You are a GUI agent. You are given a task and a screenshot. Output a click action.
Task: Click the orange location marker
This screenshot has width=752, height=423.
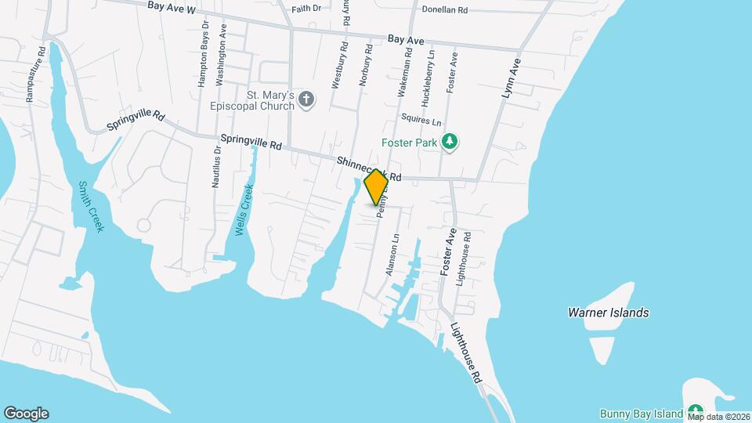tap(376, 186)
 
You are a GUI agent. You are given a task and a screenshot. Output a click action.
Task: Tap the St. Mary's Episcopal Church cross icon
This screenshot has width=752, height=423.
tap(307, 99)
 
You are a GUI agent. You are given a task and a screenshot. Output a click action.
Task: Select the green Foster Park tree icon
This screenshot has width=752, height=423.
tap(450, 142)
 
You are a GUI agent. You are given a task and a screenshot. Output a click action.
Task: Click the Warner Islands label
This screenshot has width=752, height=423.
tap(608, 313)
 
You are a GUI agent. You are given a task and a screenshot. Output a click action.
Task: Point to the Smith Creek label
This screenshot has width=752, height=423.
tap(90, 207)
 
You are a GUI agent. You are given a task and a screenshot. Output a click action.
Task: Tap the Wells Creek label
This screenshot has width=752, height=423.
tap(244, 210)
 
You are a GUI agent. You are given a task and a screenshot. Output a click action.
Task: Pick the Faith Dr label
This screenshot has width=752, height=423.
tap(306, 9)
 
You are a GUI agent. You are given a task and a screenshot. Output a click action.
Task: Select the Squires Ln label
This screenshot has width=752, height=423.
tap(421, 122)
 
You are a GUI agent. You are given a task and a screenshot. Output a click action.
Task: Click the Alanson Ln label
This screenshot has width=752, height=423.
tap(393, 254)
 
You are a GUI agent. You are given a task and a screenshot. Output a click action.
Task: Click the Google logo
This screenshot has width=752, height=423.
tap(26, 413)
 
